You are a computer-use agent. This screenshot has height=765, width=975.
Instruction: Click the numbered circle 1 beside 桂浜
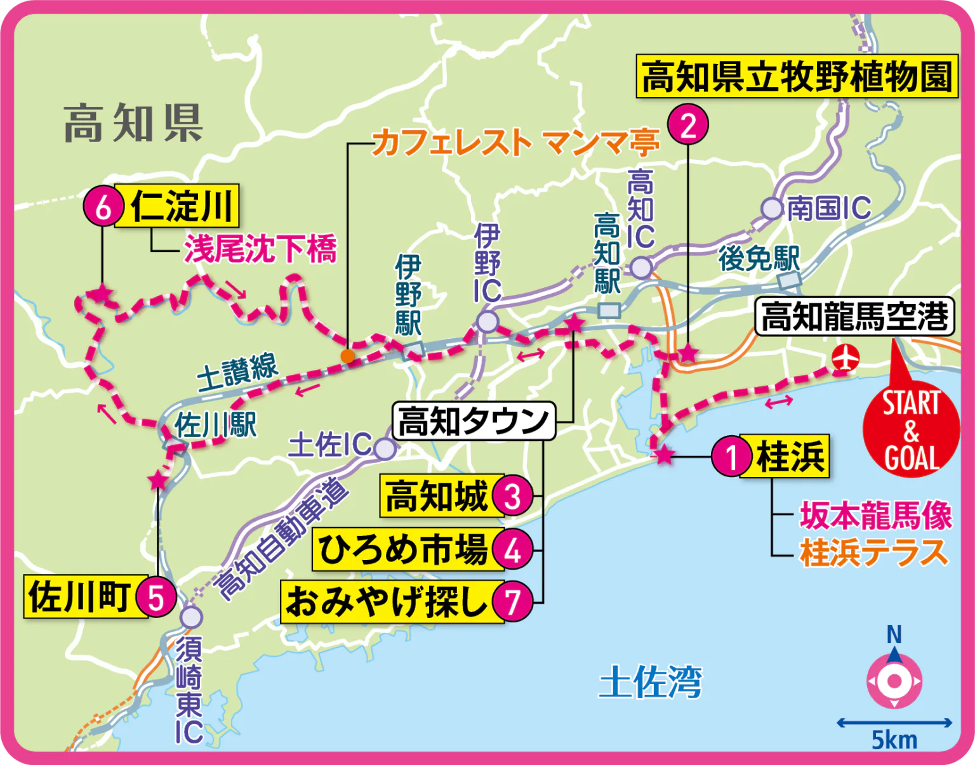pyautogui.click(x=731, y=456)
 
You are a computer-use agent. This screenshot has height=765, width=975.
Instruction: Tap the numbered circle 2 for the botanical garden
pyautogui.click(x=688, y=124)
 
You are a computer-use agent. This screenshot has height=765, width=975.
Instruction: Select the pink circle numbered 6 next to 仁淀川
pyautogui.click(x=103, y=206)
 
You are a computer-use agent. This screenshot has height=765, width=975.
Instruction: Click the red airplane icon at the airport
pyautogui.click(x=844, y=358)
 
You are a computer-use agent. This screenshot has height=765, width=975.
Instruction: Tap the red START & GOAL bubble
pyautogui.click(x=911, y=431)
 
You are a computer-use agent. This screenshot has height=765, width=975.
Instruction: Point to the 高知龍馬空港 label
pyautogui.click(x=854, y=317)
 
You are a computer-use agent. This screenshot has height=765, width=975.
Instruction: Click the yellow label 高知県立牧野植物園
pyautogui.click(x=797, y=77)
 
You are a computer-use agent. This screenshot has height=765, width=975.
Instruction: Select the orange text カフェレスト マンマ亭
pyautogui.click(x=515, y=143)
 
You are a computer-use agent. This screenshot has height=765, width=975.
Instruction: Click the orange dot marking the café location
pyautogui.click(x=347, y=356)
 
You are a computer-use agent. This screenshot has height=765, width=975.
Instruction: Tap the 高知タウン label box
pyautogui.click(x=474, y=421)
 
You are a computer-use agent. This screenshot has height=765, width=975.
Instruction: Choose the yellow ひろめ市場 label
pyautogui.click(x=404, y=549)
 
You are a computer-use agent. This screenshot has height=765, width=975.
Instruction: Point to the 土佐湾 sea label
pyautogui.click(x=650, y=683)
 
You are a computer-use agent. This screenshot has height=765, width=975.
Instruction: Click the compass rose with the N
pyautogui.click(x=894, y=681)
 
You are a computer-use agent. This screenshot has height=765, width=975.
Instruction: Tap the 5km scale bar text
pyautogui.click(x=894, y=740)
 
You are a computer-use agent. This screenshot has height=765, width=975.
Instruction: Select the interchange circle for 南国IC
pyautogui.click(x=773, y=208)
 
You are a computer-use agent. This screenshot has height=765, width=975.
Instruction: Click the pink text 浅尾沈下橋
pyautogui.click(x=260, y=249)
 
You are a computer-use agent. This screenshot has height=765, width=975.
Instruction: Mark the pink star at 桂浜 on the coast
pyautogui.click(x=663, y=455)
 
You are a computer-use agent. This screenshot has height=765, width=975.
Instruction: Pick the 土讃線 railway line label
pyautogui.click(x=237, y=374)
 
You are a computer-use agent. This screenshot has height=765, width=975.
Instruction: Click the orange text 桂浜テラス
pyautogui.click(x=873, y=552)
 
